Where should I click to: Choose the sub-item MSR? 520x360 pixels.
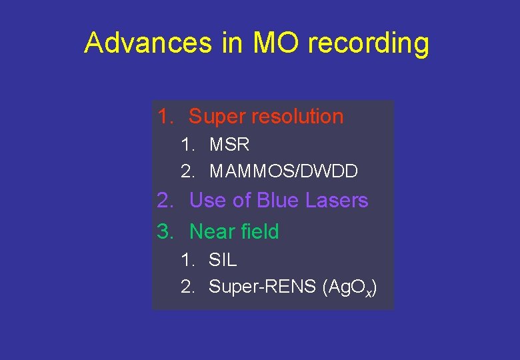tap(229, 144)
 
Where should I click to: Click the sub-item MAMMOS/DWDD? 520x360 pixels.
tap(284, 171)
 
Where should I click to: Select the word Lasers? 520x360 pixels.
tap(337, 200)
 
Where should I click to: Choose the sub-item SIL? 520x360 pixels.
tap(223, 259)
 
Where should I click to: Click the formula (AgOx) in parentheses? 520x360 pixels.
tap(349, 287)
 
